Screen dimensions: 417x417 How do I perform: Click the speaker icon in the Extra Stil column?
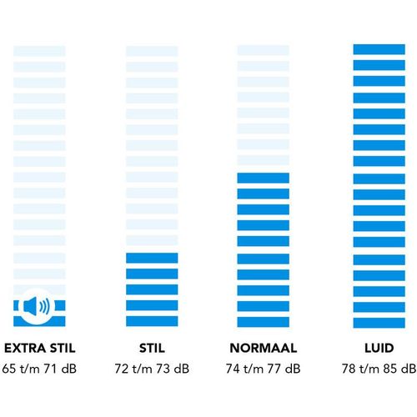tap(37, 306)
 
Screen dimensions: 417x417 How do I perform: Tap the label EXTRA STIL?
tap(40, 349)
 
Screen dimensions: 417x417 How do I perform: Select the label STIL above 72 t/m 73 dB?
tap(152, 349)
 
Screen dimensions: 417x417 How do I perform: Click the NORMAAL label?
tap(264, 349)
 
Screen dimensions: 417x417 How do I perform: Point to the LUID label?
tap(379, 349)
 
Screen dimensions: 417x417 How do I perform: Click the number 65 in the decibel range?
tap(9, 369)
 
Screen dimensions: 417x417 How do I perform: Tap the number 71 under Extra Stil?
tap(51, 369)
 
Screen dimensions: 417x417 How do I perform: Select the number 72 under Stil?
tap(122, 369)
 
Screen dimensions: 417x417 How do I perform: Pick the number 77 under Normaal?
tap(274, 369)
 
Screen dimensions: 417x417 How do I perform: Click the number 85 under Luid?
tap(390, 369)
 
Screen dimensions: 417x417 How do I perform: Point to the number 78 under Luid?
tap(349, 369)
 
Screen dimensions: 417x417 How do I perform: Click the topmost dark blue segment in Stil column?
tap(152, 258)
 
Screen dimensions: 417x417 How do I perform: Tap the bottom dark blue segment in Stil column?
tap(152, 321)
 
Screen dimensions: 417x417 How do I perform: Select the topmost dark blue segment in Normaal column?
tap(264, 178)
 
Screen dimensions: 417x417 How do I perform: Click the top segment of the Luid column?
tap(379, 49)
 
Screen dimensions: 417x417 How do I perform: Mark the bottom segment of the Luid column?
tap(379, 323)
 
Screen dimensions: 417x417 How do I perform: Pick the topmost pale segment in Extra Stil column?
tap(39, 51)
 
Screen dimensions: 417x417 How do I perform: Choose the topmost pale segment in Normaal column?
tap(264, 51)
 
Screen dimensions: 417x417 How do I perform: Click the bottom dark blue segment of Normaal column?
tap(264, 322)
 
